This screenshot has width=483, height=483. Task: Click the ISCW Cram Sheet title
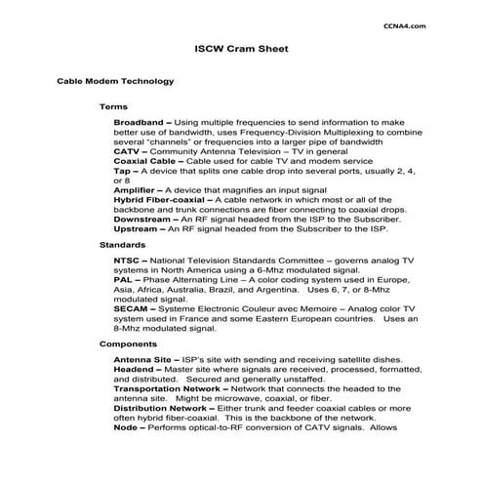241,47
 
